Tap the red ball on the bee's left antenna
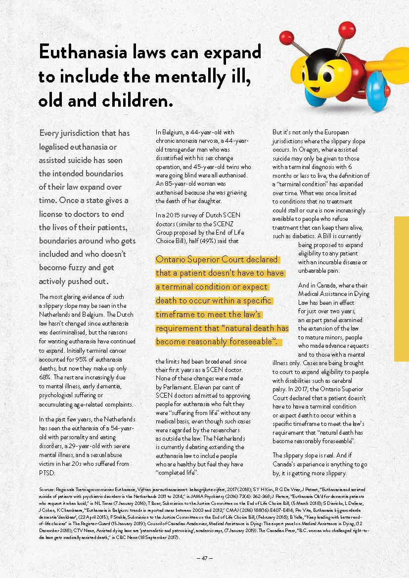point(286,36)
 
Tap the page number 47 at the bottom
point(204,558)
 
